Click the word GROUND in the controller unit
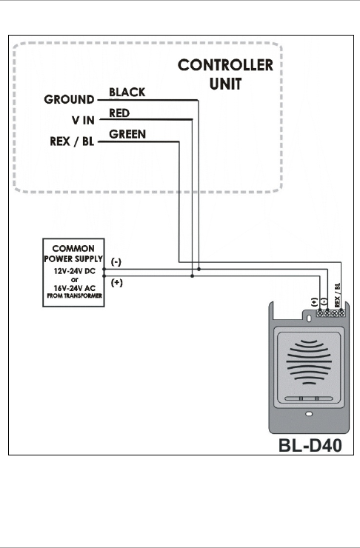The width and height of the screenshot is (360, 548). pyautogui.click(x=69, y=99)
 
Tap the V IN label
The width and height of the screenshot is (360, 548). pyautogui.click(x=83, y=120)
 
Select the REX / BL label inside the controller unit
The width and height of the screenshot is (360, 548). pyautogui.click(x=72, y=141)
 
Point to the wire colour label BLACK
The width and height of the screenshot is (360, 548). pyautogui.click(x=127, y=93)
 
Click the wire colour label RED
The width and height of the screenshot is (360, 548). pyautogui.click(x=119, y=113)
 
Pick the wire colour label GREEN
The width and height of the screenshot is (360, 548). pyautogui.click(x=127, y=134)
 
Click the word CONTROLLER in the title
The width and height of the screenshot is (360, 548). pyautogui.click(x=225, y=65)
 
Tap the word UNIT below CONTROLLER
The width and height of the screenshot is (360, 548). pyautogui.click(x=225, y=84)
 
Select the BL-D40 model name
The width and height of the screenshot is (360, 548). pyautogui.click(x=310, y=445)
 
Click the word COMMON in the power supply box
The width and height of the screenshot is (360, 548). pyautogui.click(x=73, y=249)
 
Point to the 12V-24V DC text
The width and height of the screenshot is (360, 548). pyautogui.click(x=75, y=271)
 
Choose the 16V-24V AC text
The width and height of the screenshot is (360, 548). pyautogui.click(x=75, y=288)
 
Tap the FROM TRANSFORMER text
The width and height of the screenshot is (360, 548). pyautogui.click(x=75, y=295)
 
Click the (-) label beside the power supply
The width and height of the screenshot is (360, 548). pyautogui.click(x=116, y=261)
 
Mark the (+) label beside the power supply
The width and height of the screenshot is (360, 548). pyautogui.click(x=117, y=282)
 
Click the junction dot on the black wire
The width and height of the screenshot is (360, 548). pyautogui.click(x=199, y=269)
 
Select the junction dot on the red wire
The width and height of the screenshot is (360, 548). pyautogui.click(x=193, y=276)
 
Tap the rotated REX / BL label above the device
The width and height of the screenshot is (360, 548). pyautogui.click(x=337, y=295)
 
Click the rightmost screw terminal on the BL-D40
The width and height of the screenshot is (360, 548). pyautogui.click(x=341, y=313)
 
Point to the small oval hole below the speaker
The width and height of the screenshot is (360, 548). pyautogui.click(x=309, y=414)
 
